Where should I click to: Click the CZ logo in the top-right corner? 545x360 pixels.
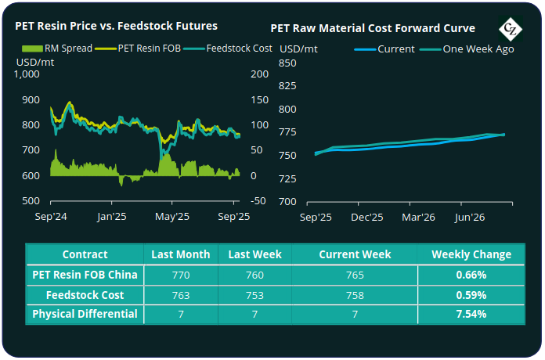(511, 28)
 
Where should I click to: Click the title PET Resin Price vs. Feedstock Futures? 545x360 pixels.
(116, 26)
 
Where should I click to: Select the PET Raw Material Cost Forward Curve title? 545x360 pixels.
(373, 28)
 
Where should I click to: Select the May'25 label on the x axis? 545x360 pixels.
(172, 216)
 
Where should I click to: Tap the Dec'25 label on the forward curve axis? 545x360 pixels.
(366, 217)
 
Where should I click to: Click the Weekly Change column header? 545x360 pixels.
(471, 254)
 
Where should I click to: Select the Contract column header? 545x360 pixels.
(85, 254)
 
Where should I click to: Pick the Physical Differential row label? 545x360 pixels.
(85, 315)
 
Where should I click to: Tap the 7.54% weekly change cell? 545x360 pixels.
(471, 315)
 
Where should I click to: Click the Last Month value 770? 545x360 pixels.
(181, 275)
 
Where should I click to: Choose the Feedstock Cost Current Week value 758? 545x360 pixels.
(354, 295)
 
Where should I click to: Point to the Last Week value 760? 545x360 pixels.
(254, 275)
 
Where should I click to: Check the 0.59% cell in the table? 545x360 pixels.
(471, 295)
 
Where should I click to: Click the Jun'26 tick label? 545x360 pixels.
(467, 217)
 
